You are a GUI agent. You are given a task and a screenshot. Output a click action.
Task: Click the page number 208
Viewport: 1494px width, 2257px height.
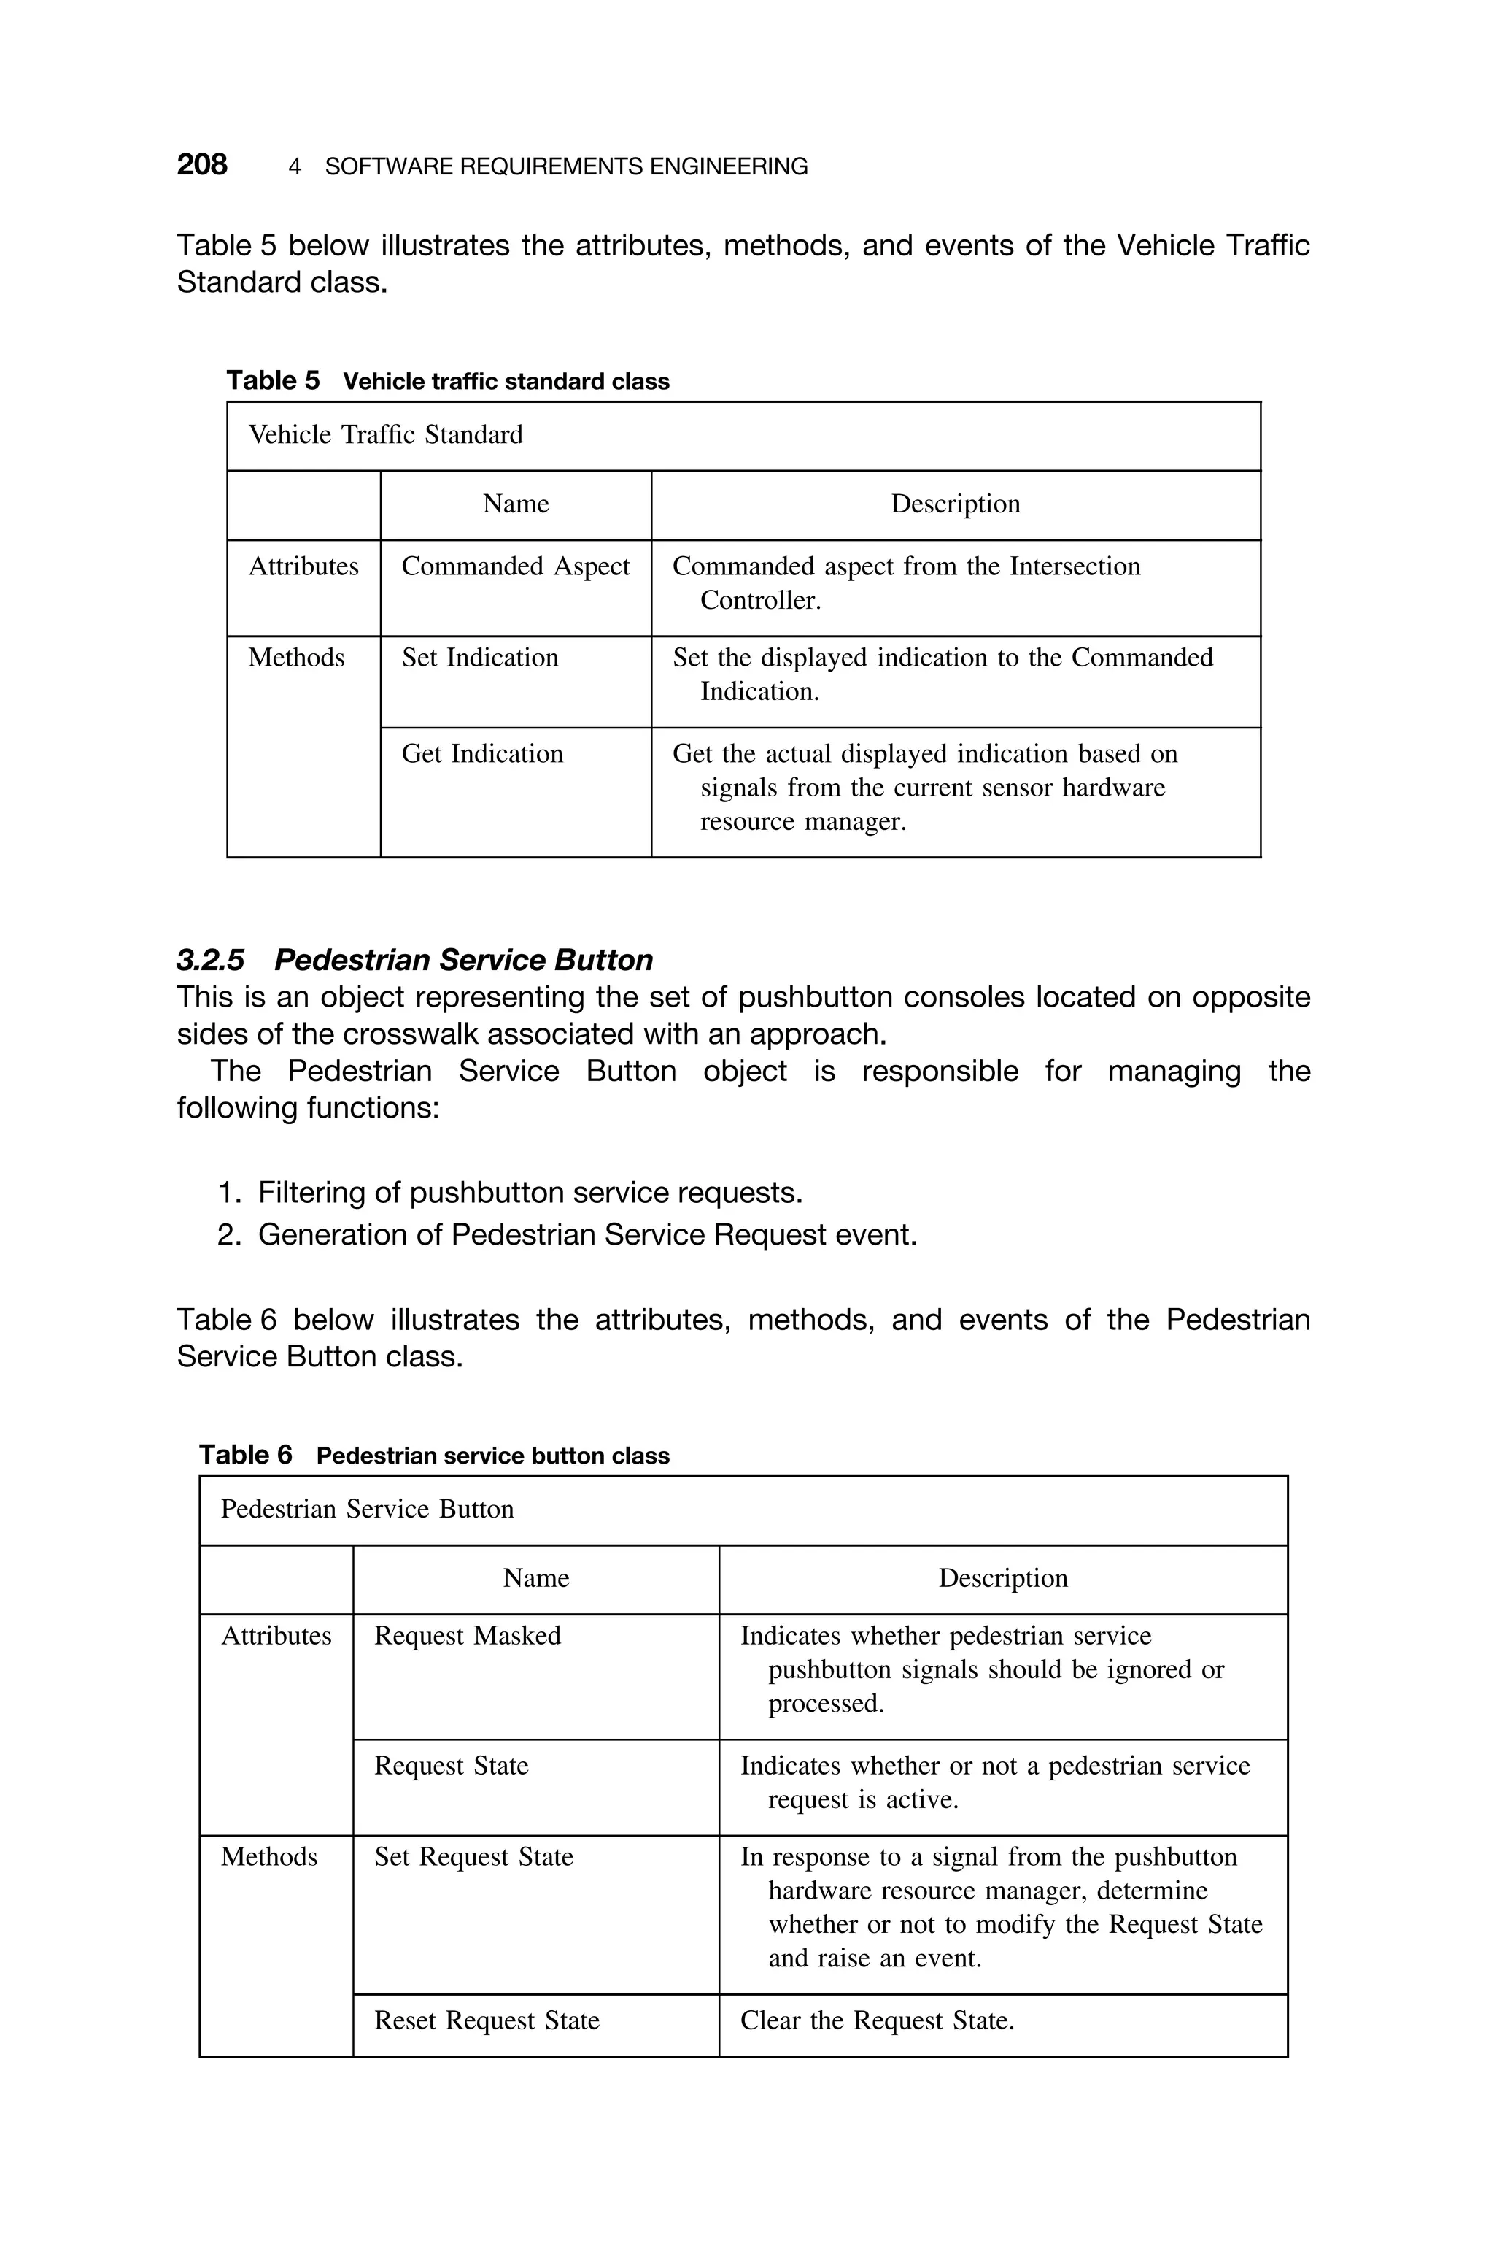pyautogui.click(x=202, y=165)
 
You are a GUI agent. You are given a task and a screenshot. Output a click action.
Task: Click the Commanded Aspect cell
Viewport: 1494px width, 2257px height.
pyautogui.click(x=516, y=567)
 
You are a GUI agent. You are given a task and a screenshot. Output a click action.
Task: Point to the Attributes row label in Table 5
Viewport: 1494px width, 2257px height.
pyautogui.click(x=303, y=567)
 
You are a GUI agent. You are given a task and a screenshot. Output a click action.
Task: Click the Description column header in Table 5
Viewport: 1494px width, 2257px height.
pyautogui.click(x=955, y=504)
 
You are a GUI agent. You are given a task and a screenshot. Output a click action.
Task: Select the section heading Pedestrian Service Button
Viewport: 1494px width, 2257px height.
pyautogui.click(x=463, y=960)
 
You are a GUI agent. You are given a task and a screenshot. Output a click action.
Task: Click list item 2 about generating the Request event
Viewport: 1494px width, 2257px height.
pyautogui.click(x=587, y=1235)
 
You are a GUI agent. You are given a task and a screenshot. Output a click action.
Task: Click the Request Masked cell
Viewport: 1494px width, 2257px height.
pyautogui.click(x=468, y=1637)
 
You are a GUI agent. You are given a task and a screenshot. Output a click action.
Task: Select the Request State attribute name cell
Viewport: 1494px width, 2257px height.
pyautogui.click(x=451, y=1766)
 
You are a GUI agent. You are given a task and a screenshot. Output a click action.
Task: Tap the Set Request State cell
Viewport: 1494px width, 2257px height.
pyautogui.click(x=473, y=1858)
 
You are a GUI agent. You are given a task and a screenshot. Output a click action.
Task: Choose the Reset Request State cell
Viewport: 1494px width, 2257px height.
pyautogui.click(x=487, y=2020)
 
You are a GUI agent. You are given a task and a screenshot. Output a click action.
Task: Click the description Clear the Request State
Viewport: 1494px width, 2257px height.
pyautogui.click(x=877, y=2020)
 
